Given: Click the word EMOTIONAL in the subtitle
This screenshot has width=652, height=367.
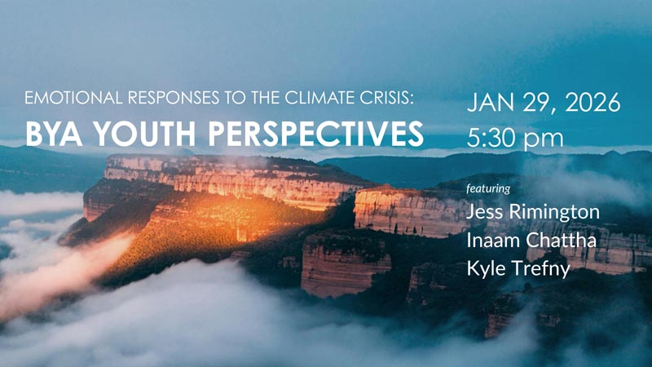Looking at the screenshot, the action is click(x=73, y=98).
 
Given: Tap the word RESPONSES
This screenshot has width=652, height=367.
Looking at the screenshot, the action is click(x=174, y=98).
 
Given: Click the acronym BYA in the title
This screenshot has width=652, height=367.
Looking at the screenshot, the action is click(x=54, y=134).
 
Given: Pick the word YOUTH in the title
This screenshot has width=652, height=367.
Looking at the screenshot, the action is click(x=144, y=134).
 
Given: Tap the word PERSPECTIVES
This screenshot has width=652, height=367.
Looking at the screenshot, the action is click(x=315, y=134).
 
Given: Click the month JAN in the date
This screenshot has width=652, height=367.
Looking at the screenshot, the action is click(x=491, y=103).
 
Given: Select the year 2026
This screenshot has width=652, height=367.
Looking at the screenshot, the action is click(x=593, y=103).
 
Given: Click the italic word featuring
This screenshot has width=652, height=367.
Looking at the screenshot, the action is click(x=488, y=189).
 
